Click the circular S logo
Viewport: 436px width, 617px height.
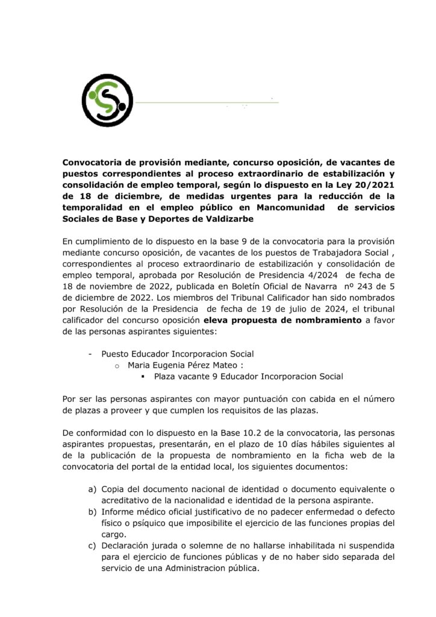(108, 96)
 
